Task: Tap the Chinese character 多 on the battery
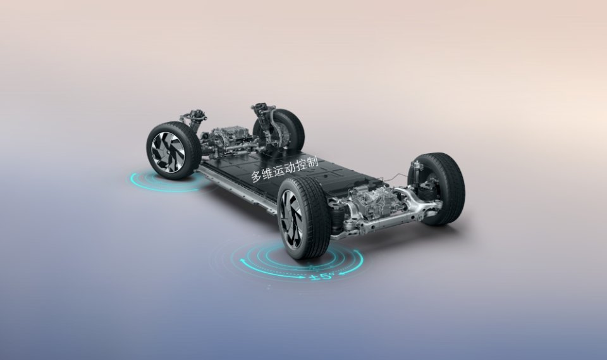[257, 177]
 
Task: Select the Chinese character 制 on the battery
[311, 161]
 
